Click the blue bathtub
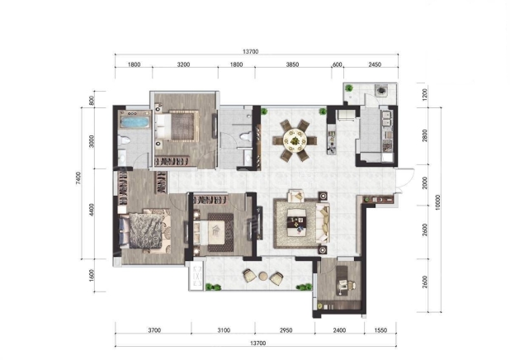[x=135, y=122]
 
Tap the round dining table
[x=295, y=140]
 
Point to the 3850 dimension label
[x=292, y=64]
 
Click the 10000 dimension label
[x=437, y=202]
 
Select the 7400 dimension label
[x=78, y=178]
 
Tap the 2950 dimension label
[x=286, y=330]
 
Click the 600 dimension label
[x=338, y=64]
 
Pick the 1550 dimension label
[x=380, y=330]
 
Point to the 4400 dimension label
[x=92, y=210]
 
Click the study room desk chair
[x=350, y=286]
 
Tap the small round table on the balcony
[x=262, y=277]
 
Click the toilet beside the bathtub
[x=124, y=140]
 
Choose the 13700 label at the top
[x=250, y=52]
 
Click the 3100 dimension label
[x=224, y=330]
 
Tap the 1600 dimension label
[x=92, y=276]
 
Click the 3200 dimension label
[x=183, y=64]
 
